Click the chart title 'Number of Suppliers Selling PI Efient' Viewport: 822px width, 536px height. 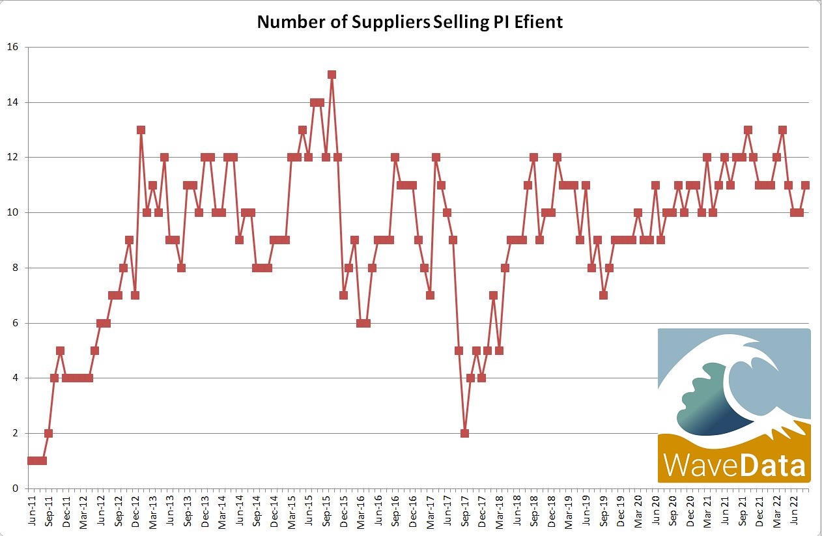coord(410,21)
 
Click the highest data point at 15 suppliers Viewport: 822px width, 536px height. coord(332,74)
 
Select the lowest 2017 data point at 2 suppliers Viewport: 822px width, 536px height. coord(464,433)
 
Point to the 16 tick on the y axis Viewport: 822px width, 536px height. coord(12,47)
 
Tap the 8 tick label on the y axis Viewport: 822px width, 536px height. coord(15,268)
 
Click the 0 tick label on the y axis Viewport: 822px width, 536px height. coord(15,488)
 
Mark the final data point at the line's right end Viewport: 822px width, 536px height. coord(806,185)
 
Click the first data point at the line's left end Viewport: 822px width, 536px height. coord(31,460)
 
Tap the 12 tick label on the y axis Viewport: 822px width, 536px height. coord(12,157)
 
